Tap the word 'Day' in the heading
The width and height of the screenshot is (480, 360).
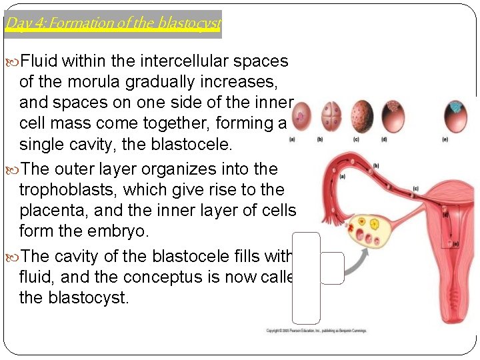click(15, 24)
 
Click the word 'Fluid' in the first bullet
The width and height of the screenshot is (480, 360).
click(40, 61)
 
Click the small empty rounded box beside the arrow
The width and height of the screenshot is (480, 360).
click(332, 268)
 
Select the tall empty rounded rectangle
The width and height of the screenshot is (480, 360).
click(306, 278)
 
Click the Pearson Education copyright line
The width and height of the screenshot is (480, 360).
click(317, 331)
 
